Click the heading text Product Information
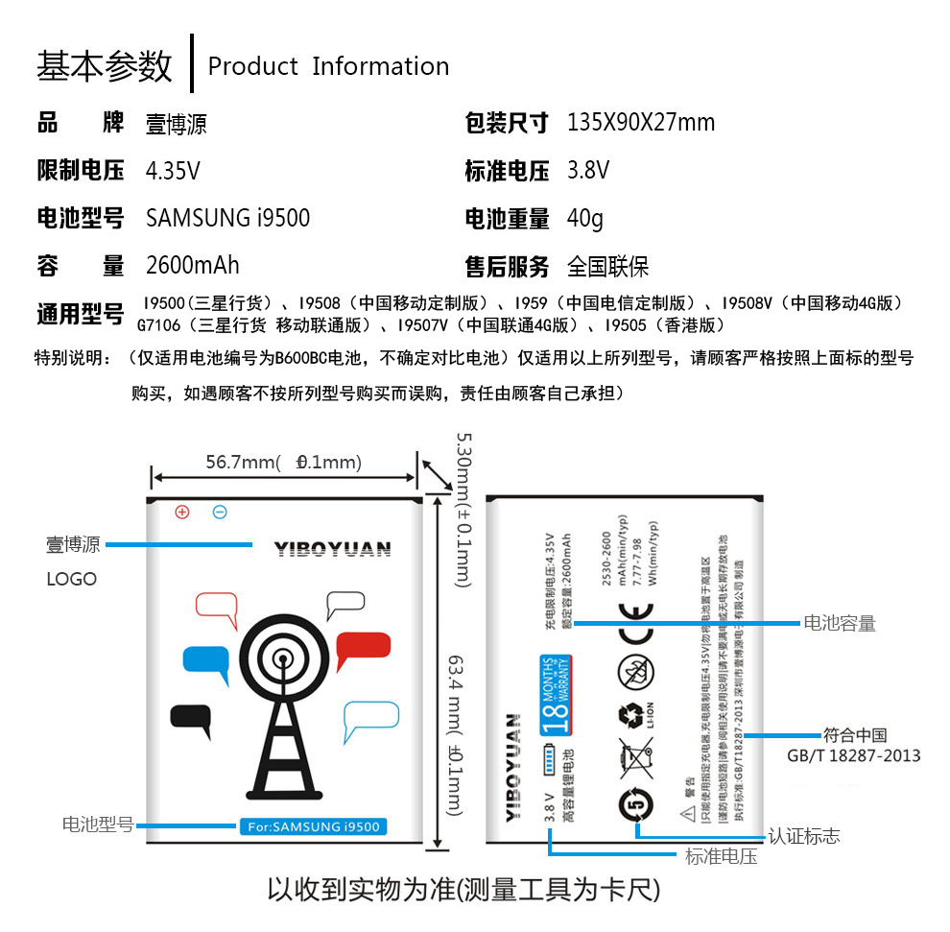pos(328,66)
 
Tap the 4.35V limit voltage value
pos(173,171)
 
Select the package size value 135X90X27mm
pos(640,123)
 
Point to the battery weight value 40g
pos(584,218)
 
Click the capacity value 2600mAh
pos(192,265)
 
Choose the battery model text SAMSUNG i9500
pos(227,218)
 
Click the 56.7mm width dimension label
pos(283,463)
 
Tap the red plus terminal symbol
pos(182,512)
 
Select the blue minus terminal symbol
pos(220,512)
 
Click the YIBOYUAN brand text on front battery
pos(332,549)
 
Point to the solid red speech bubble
pos(364,650)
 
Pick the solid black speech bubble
pos(190,719)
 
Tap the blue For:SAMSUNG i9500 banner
pos(312,826)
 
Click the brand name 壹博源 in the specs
pos(176,124)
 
